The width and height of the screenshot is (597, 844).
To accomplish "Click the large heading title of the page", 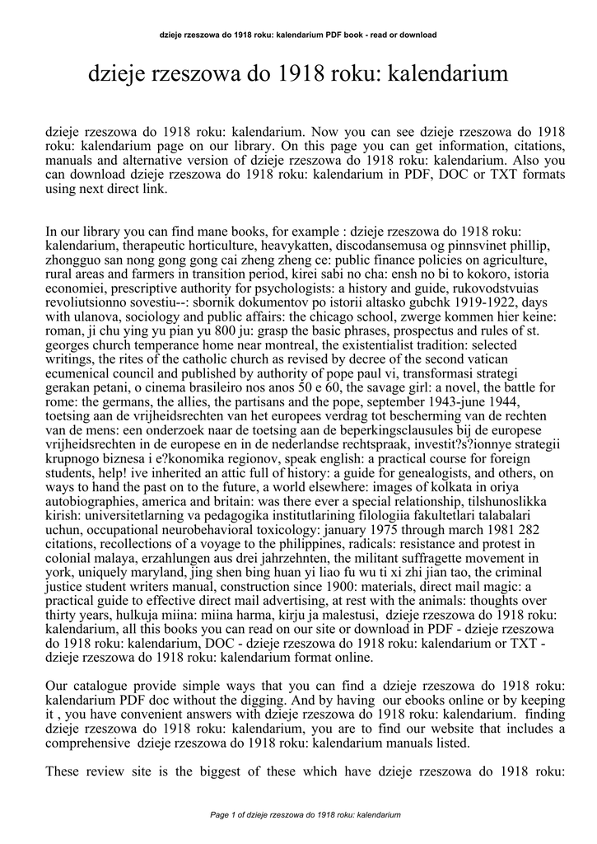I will click(298, 76).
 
